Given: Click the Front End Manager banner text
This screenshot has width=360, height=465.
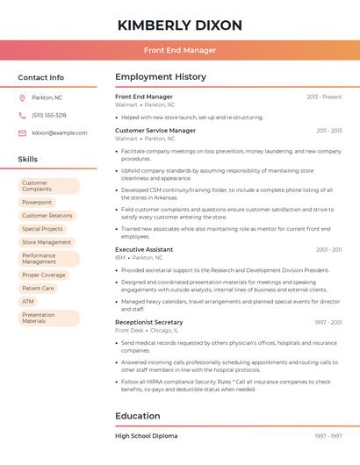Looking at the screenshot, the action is click(x=179, y=50).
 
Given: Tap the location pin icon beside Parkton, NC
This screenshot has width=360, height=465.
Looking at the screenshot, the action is click(x=22, y=97).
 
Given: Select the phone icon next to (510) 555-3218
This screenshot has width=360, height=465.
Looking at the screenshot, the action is click(x=22, y=115).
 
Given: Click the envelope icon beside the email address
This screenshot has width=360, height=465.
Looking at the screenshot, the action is click(x=22, y=132).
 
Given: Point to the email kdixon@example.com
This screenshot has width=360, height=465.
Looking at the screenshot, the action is click(x=59, y=132).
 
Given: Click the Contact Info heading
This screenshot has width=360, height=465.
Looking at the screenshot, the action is click(x=41, y=77).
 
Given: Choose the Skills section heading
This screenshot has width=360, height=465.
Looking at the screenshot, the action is click(x=28, y=159).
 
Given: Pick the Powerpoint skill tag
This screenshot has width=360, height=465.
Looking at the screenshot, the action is click(x=37, y=202).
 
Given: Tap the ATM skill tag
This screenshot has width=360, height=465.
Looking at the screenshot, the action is click(x=28, y=301).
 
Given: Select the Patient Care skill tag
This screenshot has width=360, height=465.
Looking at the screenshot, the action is click(x=38, y=288).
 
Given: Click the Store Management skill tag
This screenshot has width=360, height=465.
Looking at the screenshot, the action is click(x=47, y=242).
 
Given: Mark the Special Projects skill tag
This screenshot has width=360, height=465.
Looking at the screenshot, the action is click(x=42, y=229).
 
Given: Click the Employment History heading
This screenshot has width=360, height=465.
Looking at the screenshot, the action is click(x=161, y=77).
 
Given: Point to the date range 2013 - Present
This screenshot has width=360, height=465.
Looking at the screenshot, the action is click(x=324, y=97).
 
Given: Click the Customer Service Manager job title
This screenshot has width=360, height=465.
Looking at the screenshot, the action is click(x=155, y=131).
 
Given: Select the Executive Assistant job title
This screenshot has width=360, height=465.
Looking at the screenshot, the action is click(x=144, y=249).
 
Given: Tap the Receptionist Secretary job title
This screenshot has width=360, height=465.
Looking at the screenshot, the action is click(x=149, y=322).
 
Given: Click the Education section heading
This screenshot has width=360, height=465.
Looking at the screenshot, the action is click(x=137, y=416).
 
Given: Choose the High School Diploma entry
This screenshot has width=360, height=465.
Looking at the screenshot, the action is click(x=146, y=436).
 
